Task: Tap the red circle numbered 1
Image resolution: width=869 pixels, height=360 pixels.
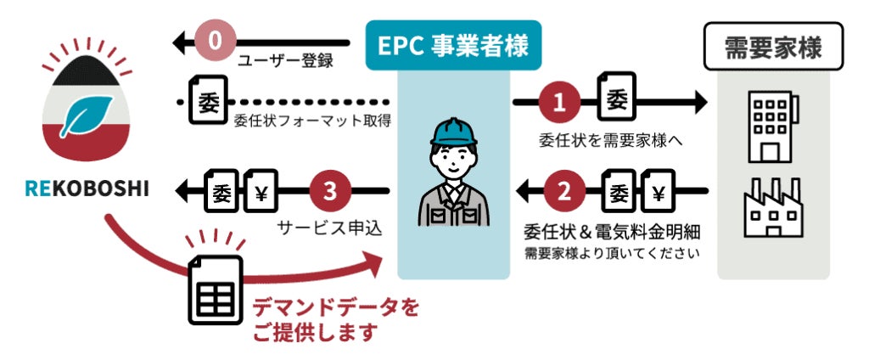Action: [559, 103]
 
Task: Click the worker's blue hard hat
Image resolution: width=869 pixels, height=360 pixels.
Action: [453, 130]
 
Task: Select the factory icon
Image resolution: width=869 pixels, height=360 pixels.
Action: [772, 209]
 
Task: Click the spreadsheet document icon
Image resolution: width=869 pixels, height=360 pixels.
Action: [215, 290]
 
